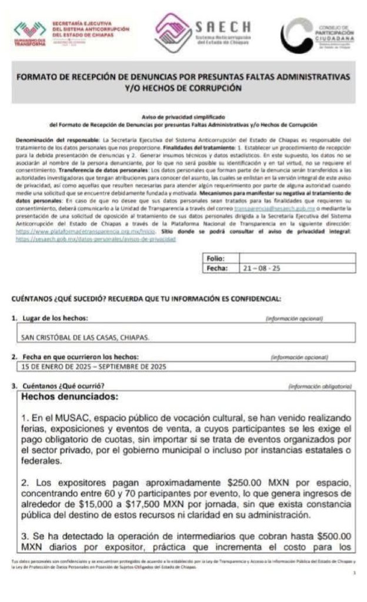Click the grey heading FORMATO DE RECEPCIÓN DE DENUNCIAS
point(183,82)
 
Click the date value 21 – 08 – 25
point(262,268)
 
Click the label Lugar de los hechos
point(53,318)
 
